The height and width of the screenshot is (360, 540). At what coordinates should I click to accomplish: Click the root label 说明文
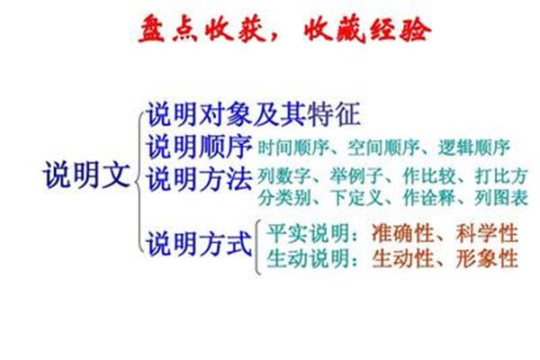pos(86,175)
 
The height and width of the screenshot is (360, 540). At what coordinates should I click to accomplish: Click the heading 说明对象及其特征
pos(254,114)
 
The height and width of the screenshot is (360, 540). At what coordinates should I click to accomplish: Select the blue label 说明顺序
pos(200,147)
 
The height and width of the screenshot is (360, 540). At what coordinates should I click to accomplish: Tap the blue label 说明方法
pos(200,178)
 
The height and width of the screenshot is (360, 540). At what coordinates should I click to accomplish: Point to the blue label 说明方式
pos(200,243)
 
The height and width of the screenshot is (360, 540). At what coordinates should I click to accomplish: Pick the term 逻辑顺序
pos(474,148)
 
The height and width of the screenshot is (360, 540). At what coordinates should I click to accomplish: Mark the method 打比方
pos(501,176)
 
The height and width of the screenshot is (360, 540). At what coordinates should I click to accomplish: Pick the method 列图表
pos(501,198)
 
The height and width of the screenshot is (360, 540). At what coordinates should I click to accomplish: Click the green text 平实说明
pos(308,233)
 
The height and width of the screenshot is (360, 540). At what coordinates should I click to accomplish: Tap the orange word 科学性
pos(487,233)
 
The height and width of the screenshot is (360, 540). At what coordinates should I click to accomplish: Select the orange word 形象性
pos(487,258)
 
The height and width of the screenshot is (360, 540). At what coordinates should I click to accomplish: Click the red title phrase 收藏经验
pos(367,30)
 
